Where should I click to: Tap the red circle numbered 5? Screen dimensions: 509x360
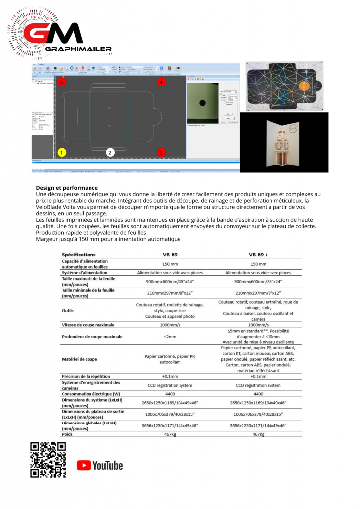(x=61, y=82)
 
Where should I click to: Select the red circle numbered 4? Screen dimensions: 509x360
(x=161, y=82)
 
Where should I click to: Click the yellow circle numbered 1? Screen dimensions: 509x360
(x=61, y=152)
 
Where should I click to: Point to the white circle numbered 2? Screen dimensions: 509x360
(x=110, y=152)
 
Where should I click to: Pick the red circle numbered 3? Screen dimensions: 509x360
(x=161, y=152)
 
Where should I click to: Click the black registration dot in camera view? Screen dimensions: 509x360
(x=203, y=103)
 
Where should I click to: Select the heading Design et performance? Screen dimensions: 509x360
(x=67, y=187)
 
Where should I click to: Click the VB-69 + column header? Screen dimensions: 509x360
(x=259, y=254)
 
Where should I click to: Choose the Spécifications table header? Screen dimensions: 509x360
(x=79, y=254)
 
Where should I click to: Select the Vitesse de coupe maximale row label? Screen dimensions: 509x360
(x=88, y=325)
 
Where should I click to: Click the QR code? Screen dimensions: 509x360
(x=48, y=460)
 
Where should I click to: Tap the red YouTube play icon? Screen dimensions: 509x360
(x=84, y=465)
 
